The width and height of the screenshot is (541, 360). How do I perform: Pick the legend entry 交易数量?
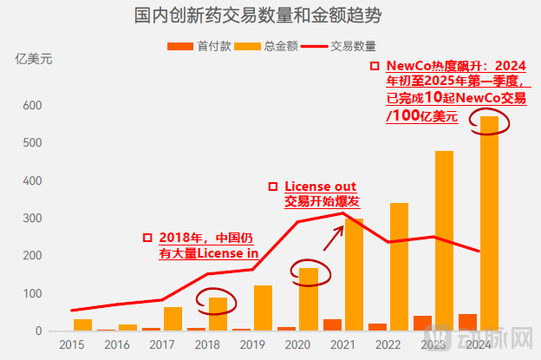pyautogui.click(x=352, y=46)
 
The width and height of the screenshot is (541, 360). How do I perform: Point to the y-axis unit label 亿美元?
pyautogui.click(x=34, y=60)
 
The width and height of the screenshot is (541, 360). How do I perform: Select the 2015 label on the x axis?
pyautogui.click(x=71, y=344)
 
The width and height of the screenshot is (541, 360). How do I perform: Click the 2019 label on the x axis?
pyautogui.click(x=252, y=344)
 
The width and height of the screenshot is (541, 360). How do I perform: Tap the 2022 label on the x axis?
pyautogui.click(x=388, y=344)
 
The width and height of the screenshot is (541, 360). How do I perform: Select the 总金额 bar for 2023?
pyautogui.click(x=444, y=243)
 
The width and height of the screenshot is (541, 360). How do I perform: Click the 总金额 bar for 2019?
pyautogui.click(x=263, y=308)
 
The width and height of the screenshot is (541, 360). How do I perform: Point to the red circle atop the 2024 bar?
pyautogui.click(x=490, y=122)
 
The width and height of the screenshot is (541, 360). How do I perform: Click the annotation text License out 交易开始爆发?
pyautogui.click(x=321, y=193)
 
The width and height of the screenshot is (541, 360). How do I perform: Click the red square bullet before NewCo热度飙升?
pyautogui.click(x=374, y=66)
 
